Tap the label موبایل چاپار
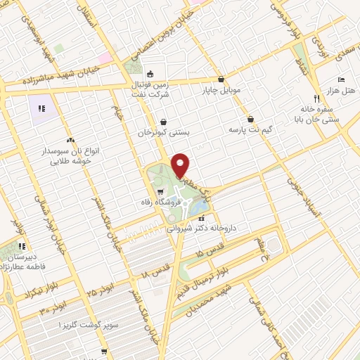point(221,90)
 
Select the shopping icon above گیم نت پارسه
point(251,119)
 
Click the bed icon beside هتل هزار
point(341,79)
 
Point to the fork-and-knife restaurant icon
point(316,98)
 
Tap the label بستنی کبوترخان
point(164,131)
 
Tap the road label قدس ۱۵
point(209,255)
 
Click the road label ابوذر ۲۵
point(101,288)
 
